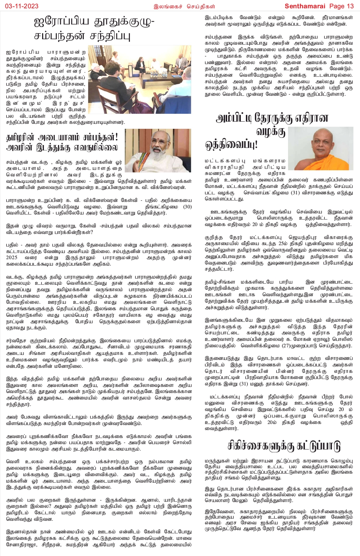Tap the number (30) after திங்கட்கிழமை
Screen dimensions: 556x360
188,207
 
